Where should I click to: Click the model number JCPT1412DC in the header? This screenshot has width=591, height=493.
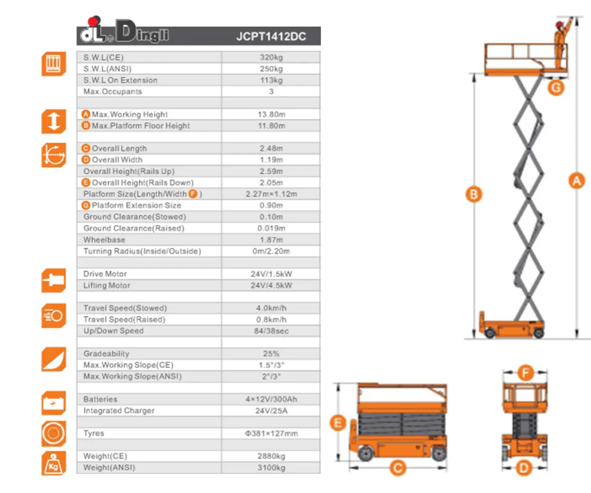tap(271, 36)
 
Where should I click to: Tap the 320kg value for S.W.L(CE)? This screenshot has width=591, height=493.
tap(271, 57)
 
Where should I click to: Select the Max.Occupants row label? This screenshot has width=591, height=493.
tap(112, 91)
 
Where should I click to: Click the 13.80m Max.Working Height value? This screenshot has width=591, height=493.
tap(271, 114)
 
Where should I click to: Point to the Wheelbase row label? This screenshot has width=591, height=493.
tap(104, 239)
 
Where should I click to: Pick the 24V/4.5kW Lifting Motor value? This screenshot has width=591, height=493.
tap(271, 285)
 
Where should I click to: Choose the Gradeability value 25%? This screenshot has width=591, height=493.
tap(271, 353)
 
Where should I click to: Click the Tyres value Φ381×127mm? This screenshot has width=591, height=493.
tap(271, 433)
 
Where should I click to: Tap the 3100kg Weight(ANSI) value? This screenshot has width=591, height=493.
tap(271, 468)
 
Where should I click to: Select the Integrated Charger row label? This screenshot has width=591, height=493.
tap(119, 410)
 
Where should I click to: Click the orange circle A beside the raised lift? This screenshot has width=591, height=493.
tap(576, 181)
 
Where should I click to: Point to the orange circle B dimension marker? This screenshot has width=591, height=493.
tap(474, 194)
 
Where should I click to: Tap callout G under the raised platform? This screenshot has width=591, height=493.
tap(556, 87)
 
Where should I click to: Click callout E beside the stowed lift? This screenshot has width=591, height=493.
tap(338, 423)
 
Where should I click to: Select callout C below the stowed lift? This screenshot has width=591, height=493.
tap(398, 468)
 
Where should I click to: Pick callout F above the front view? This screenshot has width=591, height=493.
tap(526, 373)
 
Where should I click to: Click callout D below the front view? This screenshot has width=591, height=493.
tap(524, 468)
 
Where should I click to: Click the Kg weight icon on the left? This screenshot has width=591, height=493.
tap(53, 463)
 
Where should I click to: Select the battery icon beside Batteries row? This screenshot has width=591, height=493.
tap(53, 403)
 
